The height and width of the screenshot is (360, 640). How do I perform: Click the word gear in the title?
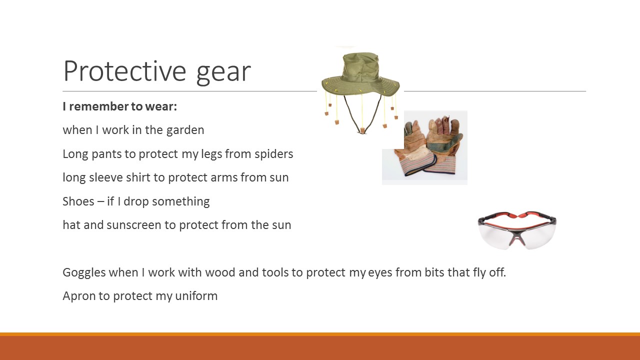pyautogui.click(x=223, y=73)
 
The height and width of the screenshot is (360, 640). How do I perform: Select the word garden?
pyautogui.click(x=185, y=130)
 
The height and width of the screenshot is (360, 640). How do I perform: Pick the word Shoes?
pyautogui.click(x=78, y=201)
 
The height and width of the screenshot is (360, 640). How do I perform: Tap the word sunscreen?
pyautogui.click(x=133, y=225)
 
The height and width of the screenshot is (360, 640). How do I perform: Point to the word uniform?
pyautogui.click(x=196, y=296)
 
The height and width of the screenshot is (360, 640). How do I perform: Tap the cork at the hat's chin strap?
pyautogui.click(x=362, y=130)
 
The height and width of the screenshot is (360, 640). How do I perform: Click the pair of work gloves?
pyautogui.click(x=428, y=146)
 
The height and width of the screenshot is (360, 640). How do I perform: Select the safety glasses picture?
pyautogui.click(x=517, y=230)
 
